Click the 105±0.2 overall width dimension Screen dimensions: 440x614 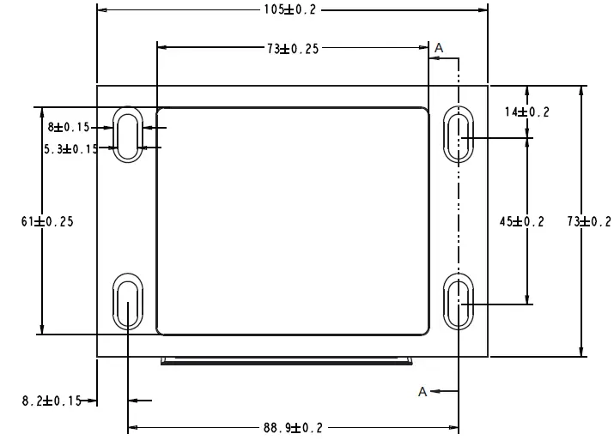tap(293, 9)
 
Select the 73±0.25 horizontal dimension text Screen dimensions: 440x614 tap(293, 49)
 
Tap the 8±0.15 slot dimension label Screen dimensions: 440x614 tap(69, 127)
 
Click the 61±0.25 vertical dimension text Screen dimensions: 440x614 tap(47, 221)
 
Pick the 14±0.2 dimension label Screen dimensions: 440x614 tap(526, 112)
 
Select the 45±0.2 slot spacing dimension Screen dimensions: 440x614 tap(521, 221)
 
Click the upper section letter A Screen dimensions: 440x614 tap(439, 48)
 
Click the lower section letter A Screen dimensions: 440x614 tap(423, 391)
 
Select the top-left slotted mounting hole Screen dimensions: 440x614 tap(128, 134)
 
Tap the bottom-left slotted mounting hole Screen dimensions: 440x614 tap(128, 302)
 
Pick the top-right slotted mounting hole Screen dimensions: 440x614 tap(458, 134)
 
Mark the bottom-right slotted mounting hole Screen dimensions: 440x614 tap(458, 302)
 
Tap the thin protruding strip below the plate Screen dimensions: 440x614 tap(288, 362)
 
